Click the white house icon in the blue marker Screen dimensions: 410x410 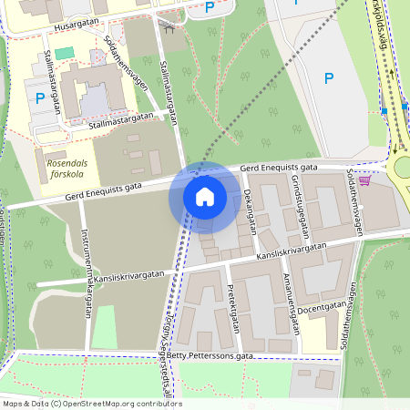204,196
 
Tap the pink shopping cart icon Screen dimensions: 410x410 365,180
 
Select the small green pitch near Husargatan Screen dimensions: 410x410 63,54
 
